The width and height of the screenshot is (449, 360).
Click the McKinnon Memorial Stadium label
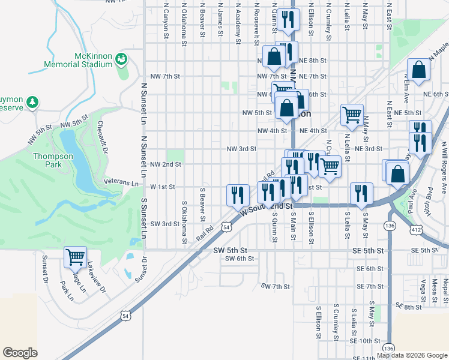pyautogui.click(x=78, y=59)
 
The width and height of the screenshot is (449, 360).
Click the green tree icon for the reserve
pyautogui.click(x=32, y=103)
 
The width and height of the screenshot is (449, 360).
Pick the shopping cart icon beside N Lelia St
pyautogui.click(x=351, y=114)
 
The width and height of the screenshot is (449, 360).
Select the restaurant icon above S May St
pyautogui.click(x=361, y=193)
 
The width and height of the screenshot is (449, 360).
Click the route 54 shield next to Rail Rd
pyautogui.click(x=225, y=227)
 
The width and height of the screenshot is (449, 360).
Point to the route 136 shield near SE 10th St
pyautogui.click(x=388, y=348)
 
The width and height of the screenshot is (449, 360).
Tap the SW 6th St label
pyautogui.click(x=240, y=259)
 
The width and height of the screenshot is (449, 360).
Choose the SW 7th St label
pyautogui.click(x=276, y=287)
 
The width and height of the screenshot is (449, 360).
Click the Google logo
pyautogui.click(x=20, y=353)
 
